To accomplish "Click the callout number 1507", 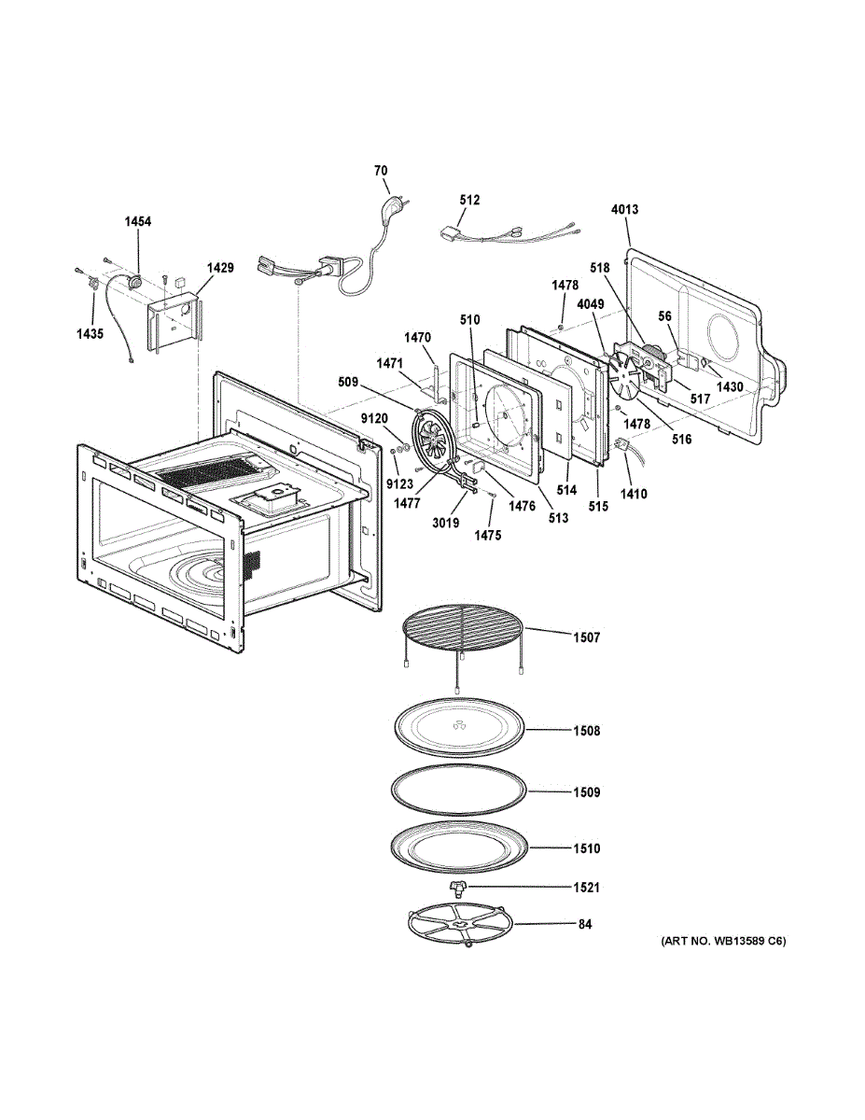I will pos(587,637).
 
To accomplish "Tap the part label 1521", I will pos(587,887).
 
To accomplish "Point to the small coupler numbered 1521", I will pos(458,885).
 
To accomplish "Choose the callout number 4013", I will pos(625,210).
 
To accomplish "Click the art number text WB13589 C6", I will pos(723,941).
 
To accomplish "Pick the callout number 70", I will pos(381,171).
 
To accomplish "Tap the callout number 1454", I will pos(138,222).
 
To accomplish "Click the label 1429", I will pos(220,268).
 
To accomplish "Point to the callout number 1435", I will pos(90,333).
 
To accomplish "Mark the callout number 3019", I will pos(446,523).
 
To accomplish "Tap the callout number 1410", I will pos(635,494).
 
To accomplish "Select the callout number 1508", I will pos(587,731).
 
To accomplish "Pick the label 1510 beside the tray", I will pos(587,849).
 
